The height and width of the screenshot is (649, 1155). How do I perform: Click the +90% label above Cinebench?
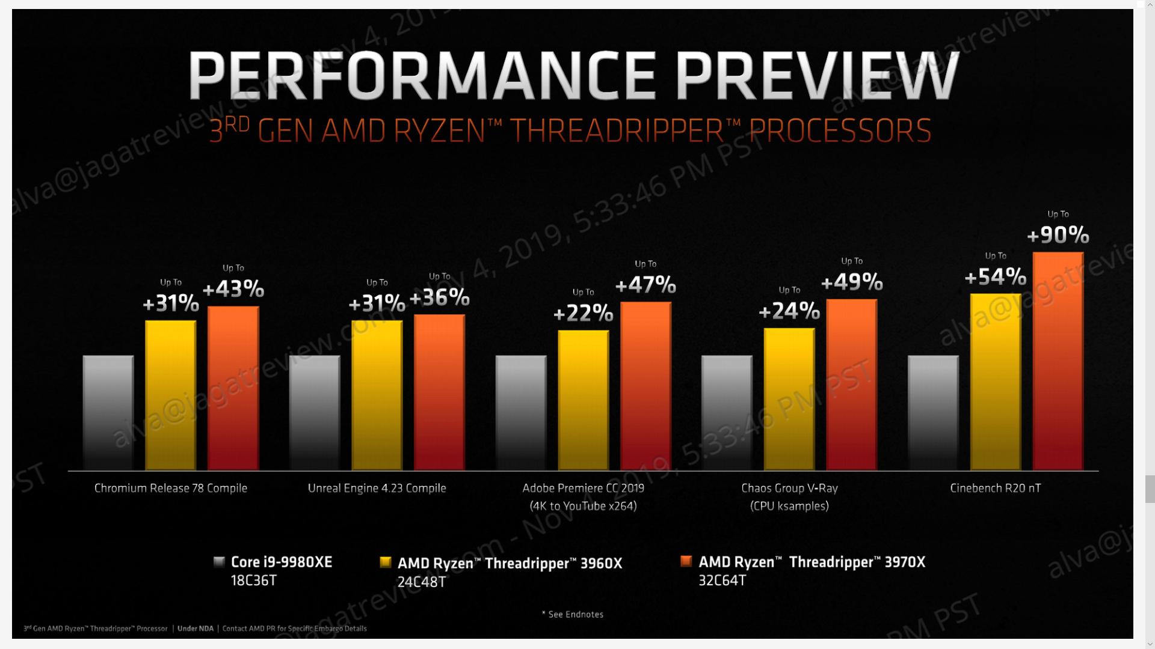click(x=1058, y=235)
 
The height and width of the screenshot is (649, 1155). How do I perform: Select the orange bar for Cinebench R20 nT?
click(x=1058, y=361)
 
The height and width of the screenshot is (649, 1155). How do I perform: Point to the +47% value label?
click(x=645, y=285)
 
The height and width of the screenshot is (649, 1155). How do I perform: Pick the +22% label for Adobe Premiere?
click(x=583, y=313)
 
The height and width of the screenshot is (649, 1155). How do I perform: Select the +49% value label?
click(x=852, y=282)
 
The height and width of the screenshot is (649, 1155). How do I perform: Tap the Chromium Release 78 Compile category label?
click(x=171, y=488)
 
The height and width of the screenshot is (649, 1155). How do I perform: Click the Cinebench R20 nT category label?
click(x=995, y=488)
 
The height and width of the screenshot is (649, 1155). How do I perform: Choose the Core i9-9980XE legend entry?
click(x=281, y=562)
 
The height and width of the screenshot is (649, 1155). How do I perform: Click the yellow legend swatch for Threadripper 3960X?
click(x=386, y=562)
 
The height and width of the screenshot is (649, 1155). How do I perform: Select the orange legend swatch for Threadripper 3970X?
click(x=686, y=561)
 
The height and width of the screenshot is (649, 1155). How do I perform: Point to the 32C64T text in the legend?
click(x=722, y=580)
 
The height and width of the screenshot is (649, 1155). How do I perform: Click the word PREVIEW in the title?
click(x=817, y=76)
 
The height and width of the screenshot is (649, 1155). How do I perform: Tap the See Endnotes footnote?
click(x=573, y=614)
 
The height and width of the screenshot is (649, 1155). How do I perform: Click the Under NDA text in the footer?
click(x=196, y=629)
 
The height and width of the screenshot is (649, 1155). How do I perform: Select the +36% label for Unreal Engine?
click(x=439, y=297)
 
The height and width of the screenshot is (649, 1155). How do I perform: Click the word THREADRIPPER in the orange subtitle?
click(x=617, y=131)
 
